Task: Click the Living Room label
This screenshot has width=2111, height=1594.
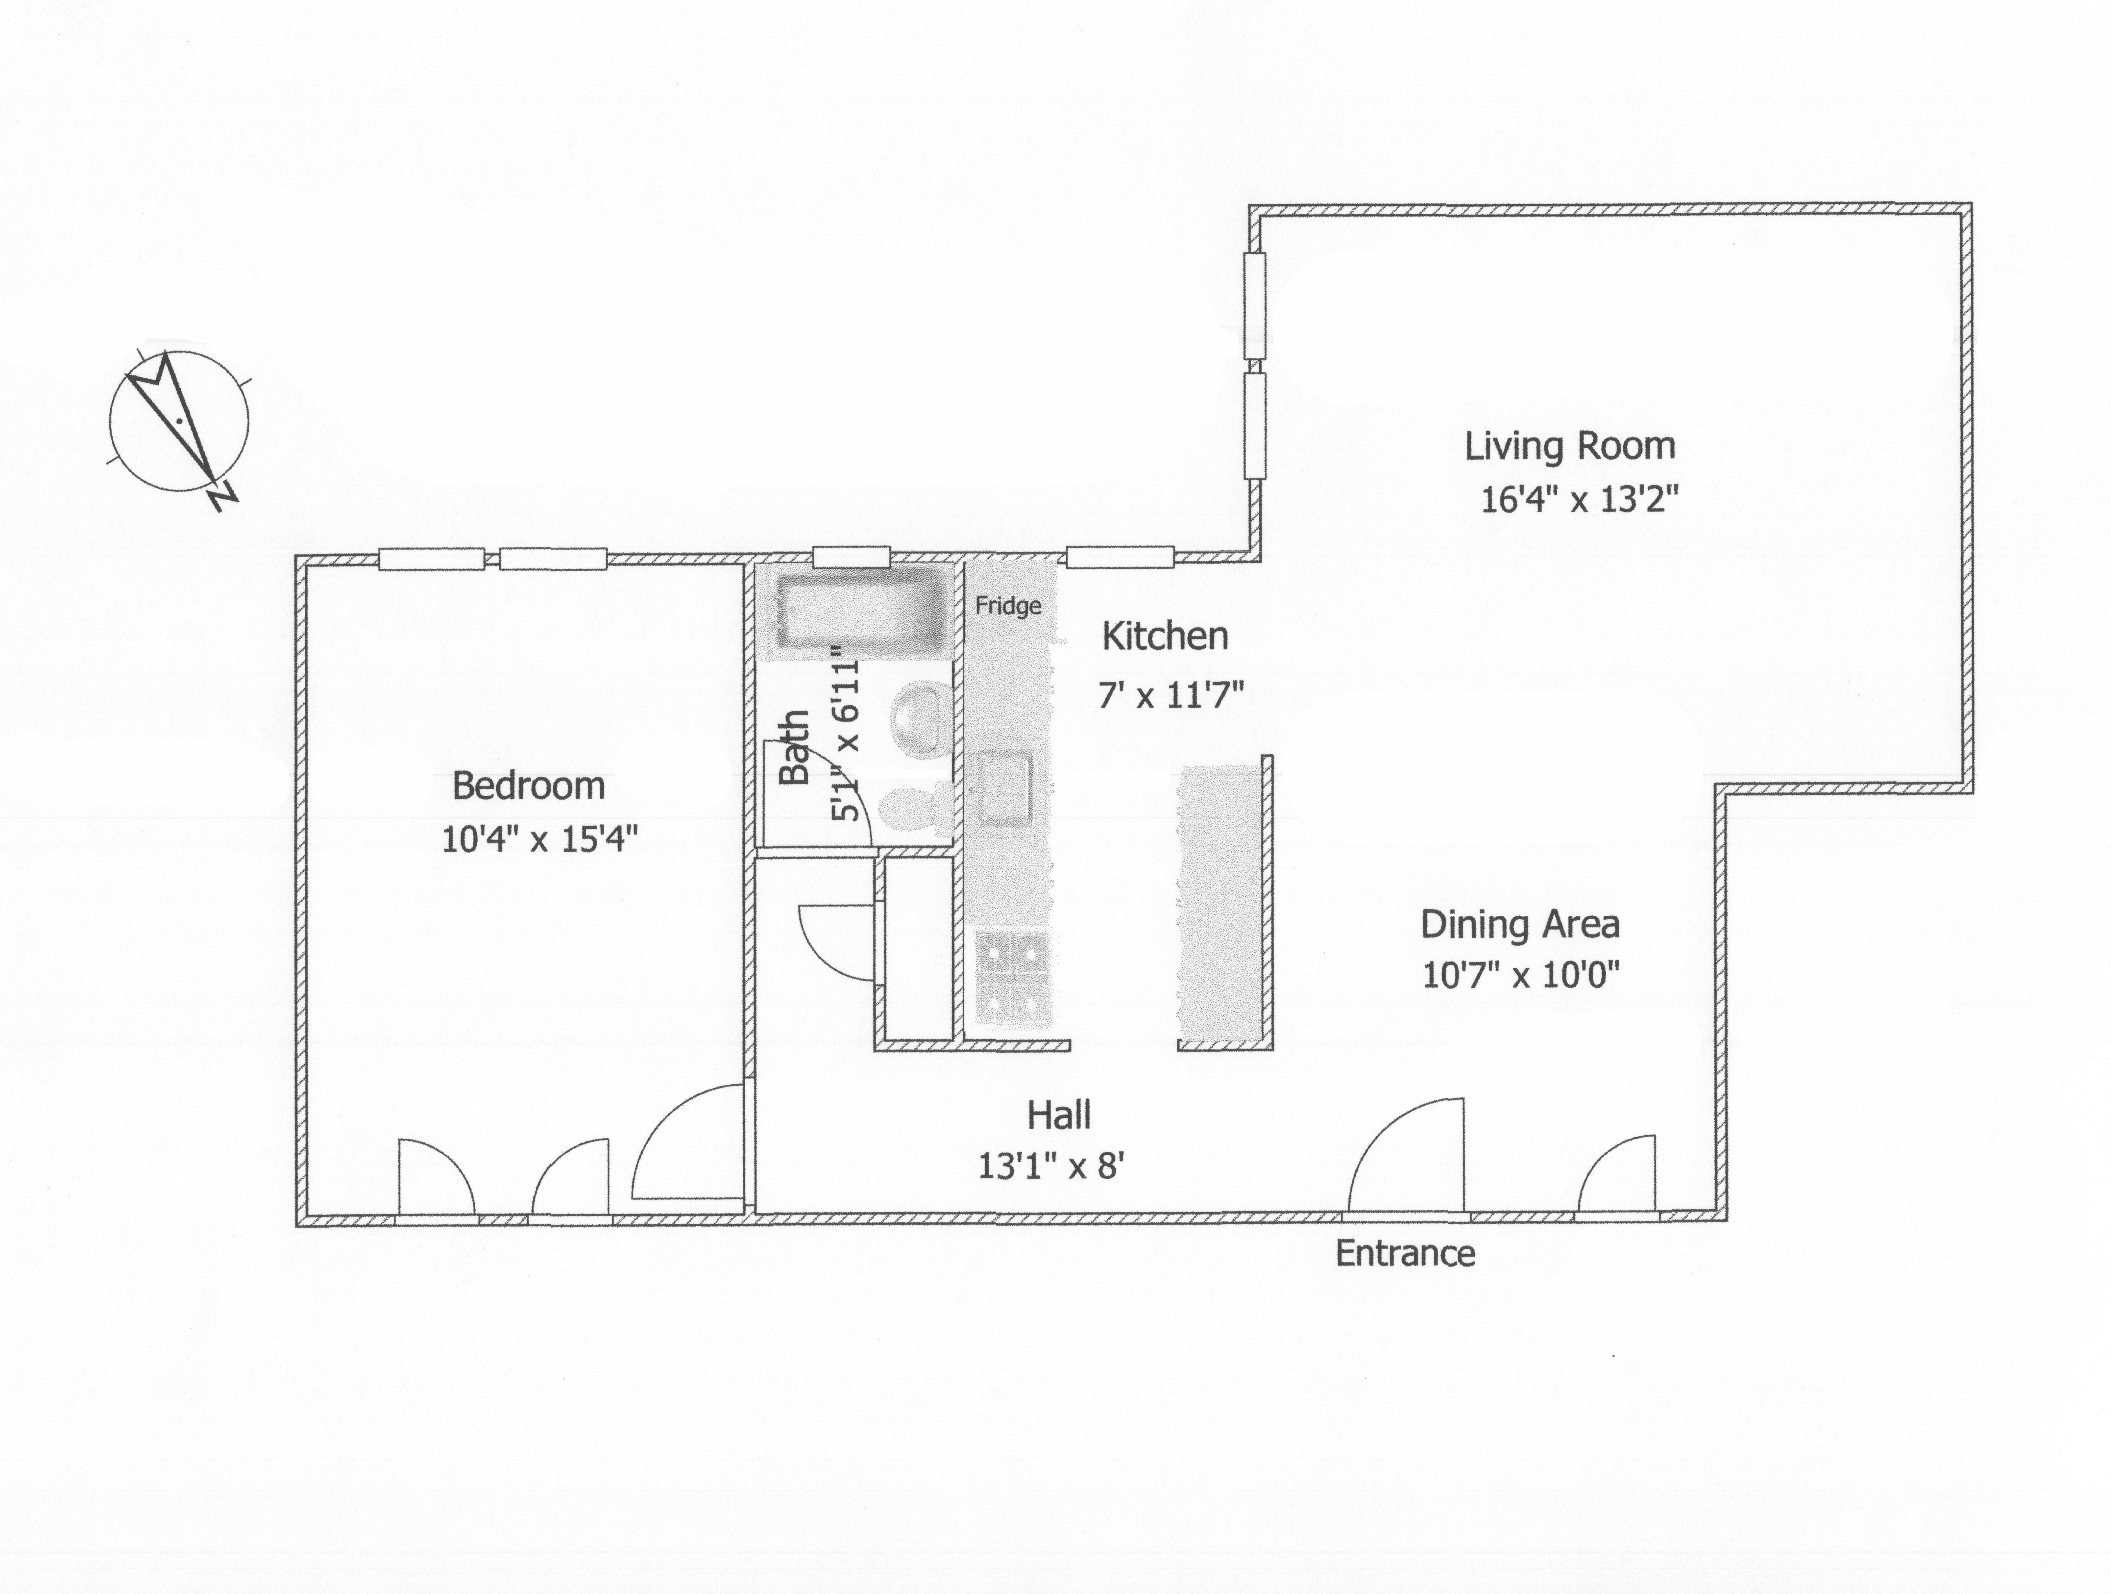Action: (1570, 446)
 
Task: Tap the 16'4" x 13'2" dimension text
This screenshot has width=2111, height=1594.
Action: (1579, 499)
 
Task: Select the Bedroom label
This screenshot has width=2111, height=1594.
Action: (529, 786)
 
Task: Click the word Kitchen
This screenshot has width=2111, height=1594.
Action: (1165, 636)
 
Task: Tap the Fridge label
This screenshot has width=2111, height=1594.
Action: (1008, 606)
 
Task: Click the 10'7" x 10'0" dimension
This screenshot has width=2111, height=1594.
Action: (1521, 975)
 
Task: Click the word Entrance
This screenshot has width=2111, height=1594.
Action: (1405, 1252)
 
